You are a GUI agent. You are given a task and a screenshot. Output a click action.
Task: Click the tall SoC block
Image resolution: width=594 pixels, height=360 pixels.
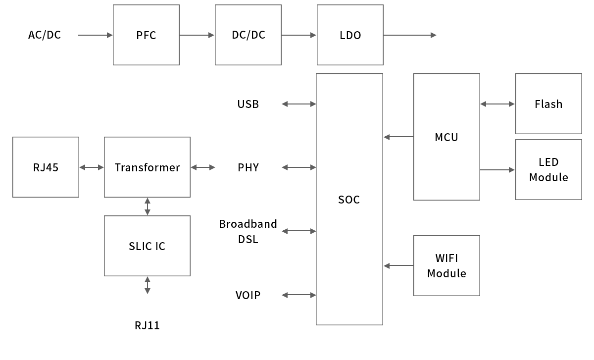(349, 199)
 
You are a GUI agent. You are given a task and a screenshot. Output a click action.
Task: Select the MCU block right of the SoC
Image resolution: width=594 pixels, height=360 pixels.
(446, 137)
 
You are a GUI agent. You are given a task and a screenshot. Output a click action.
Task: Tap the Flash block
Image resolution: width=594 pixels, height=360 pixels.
(548, 104)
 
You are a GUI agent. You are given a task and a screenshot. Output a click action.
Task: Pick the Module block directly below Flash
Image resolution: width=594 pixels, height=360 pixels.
(548, 170)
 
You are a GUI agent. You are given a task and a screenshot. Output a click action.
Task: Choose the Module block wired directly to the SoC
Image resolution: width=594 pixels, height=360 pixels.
(446, 266)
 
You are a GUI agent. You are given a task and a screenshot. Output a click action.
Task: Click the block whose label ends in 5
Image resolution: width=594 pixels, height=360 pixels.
(46, 167)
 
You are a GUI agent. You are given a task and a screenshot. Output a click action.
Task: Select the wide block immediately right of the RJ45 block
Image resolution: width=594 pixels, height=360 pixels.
(147, 167)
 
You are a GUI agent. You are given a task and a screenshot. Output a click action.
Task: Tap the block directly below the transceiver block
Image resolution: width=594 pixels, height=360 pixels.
(147, 246)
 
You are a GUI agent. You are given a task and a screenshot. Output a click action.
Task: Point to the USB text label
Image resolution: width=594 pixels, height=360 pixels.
(248, 104)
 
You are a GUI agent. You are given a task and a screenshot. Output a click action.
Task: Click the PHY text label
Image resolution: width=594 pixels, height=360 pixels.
(248, 167)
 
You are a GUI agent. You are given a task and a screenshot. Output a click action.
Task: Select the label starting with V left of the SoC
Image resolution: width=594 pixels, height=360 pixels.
(248, 295)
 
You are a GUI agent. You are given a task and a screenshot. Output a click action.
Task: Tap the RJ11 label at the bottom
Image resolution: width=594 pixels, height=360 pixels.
(147, 325)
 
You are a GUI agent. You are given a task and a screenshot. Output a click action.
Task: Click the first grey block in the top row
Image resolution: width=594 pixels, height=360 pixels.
(146, 35)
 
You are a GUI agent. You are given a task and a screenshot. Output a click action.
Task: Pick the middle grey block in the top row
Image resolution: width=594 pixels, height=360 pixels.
(248, 35)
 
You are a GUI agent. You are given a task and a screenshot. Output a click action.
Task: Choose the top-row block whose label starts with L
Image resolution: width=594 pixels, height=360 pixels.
(350, 35)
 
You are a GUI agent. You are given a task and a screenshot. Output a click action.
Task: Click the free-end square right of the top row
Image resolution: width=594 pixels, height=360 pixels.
(433, 35)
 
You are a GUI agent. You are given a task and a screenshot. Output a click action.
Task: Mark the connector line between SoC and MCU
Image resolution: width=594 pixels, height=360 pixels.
(400, 137)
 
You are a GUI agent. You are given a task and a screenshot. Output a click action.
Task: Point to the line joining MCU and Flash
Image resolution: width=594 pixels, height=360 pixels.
(497, 104)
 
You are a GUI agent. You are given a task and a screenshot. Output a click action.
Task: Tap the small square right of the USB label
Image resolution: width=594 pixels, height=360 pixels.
(285, 104)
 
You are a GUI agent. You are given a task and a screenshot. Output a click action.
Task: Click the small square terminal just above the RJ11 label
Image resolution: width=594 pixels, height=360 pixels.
(147, 291)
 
